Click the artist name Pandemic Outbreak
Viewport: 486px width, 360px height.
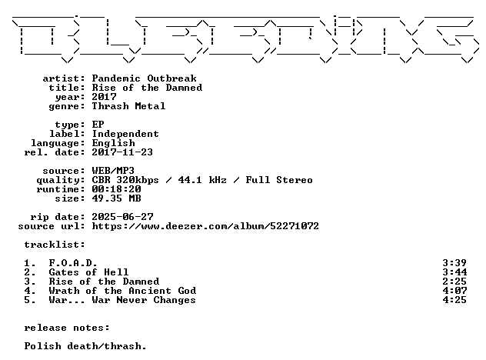click(x=144, y=78)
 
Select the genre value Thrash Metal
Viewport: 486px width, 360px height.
click(x=128, y=106)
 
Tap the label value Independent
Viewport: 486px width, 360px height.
click(x=125, y=134)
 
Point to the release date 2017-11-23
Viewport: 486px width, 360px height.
click(x=122, y=152)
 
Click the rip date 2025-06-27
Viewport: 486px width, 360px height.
click(x=122, y=217)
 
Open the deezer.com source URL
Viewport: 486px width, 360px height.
click(x=205, y=226)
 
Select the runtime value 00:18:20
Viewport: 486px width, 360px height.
click(x=117, y=189)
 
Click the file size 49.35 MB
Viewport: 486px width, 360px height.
click(x=117, y=198)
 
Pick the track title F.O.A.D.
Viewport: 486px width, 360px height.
click(x=73, y=263)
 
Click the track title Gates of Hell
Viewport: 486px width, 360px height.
click(x=88, y=272)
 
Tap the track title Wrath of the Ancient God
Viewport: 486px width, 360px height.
click(x=122, y=291)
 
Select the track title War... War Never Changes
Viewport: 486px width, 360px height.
click(x=122, y=300)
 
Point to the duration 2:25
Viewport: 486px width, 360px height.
click(x=454, y=282)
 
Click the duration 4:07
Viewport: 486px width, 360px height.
click(x=454, y=291)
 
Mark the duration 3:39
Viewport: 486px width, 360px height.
click(x=454, y=263)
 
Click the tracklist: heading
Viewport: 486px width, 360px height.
click(x=55, y=245)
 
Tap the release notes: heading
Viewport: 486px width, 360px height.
click(x=67, y=328)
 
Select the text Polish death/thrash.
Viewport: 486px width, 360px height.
click(x=85, y=346)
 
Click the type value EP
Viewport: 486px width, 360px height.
click(x=98, y=125)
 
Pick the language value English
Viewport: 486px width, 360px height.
click(x=114, y=143)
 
